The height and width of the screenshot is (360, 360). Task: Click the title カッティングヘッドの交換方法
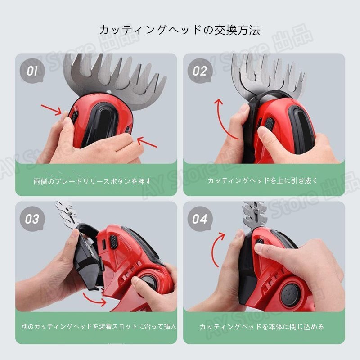180,30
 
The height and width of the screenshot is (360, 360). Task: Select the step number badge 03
32,219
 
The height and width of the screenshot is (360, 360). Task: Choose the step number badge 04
200,219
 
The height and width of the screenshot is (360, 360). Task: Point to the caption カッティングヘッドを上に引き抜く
263,181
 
